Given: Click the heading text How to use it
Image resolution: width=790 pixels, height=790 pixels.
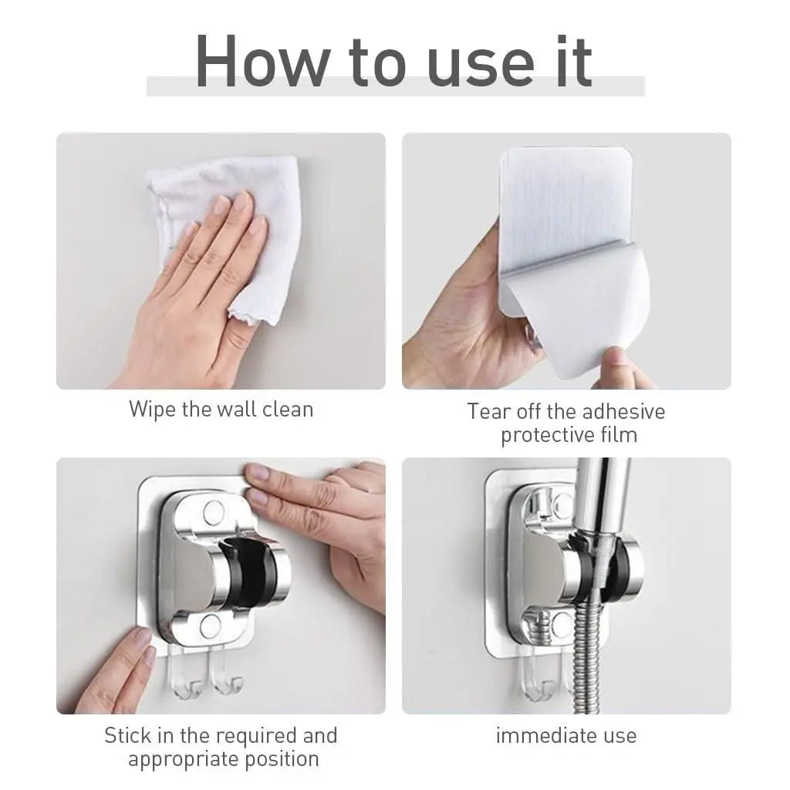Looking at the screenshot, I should click(x=394, y=62).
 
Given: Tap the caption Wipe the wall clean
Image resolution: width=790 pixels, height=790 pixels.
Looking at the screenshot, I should click(x=221, y=409).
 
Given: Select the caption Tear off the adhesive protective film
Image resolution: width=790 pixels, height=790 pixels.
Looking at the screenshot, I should click(x=566, y=423).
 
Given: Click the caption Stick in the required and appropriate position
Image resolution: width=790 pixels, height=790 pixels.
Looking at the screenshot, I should click(x=221, y=747).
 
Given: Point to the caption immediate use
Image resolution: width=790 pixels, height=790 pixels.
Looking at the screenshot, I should click(x=566, y=735).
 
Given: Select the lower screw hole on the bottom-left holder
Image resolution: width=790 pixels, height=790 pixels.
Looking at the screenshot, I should click(x=214, y=625).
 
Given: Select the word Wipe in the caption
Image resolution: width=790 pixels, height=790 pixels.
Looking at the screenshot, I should click(x=152, y=409).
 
